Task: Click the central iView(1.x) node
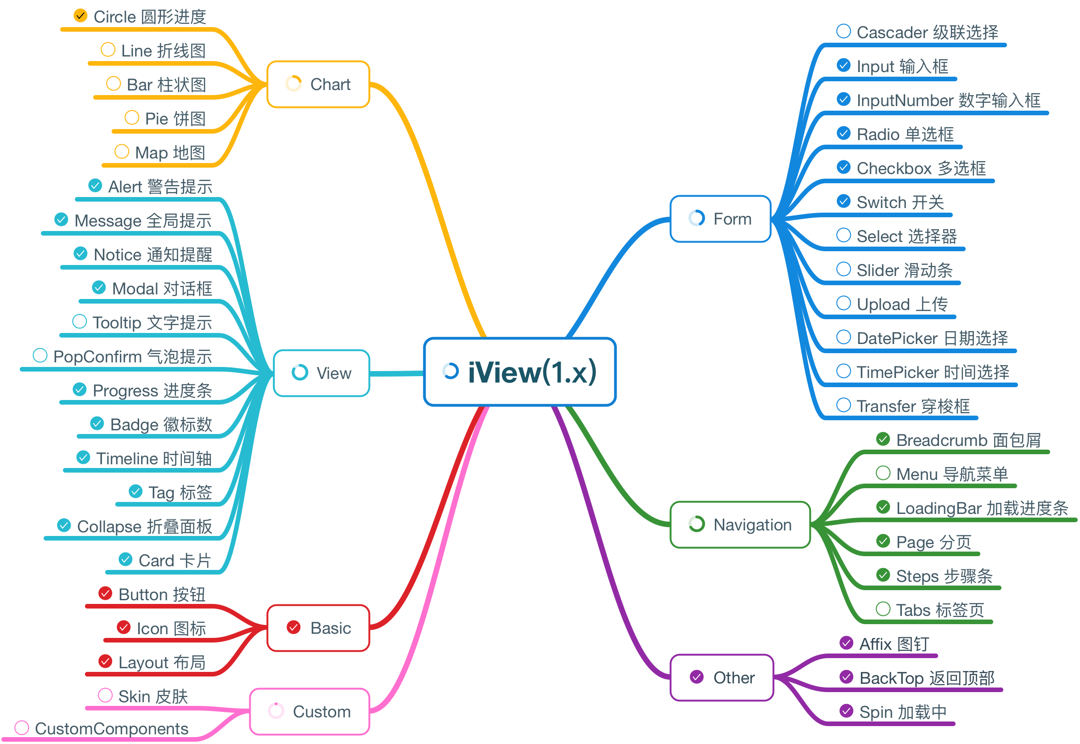click(x=520, y=372)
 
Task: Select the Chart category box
click(x=318, y=85)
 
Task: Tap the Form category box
click(x=720, y=219)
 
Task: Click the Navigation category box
click(x=740, y=524)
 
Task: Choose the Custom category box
click(x=309, y=711)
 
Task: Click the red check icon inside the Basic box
click(x=293, y=627)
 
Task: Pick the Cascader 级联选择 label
click(x=927, y=32)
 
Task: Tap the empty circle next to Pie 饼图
click(x=132, y=118)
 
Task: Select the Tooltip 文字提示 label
click(x=152, y=322)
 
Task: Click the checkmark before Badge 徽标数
click(x=97, y=423)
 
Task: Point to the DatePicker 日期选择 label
click(x=932, y=338)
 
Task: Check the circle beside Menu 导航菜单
click(x=883, y=473)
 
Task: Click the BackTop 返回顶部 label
click(x=927, y=678)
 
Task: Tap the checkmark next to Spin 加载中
click(x=846, y=711)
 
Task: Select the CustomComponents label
click(x=112, y=728)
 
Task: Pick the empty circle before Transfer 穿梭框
click(x=843, y=405)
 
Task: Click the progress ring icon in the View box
click(x=300, y=372)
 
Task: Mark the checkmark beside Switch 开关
click(x=843, y=201)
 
